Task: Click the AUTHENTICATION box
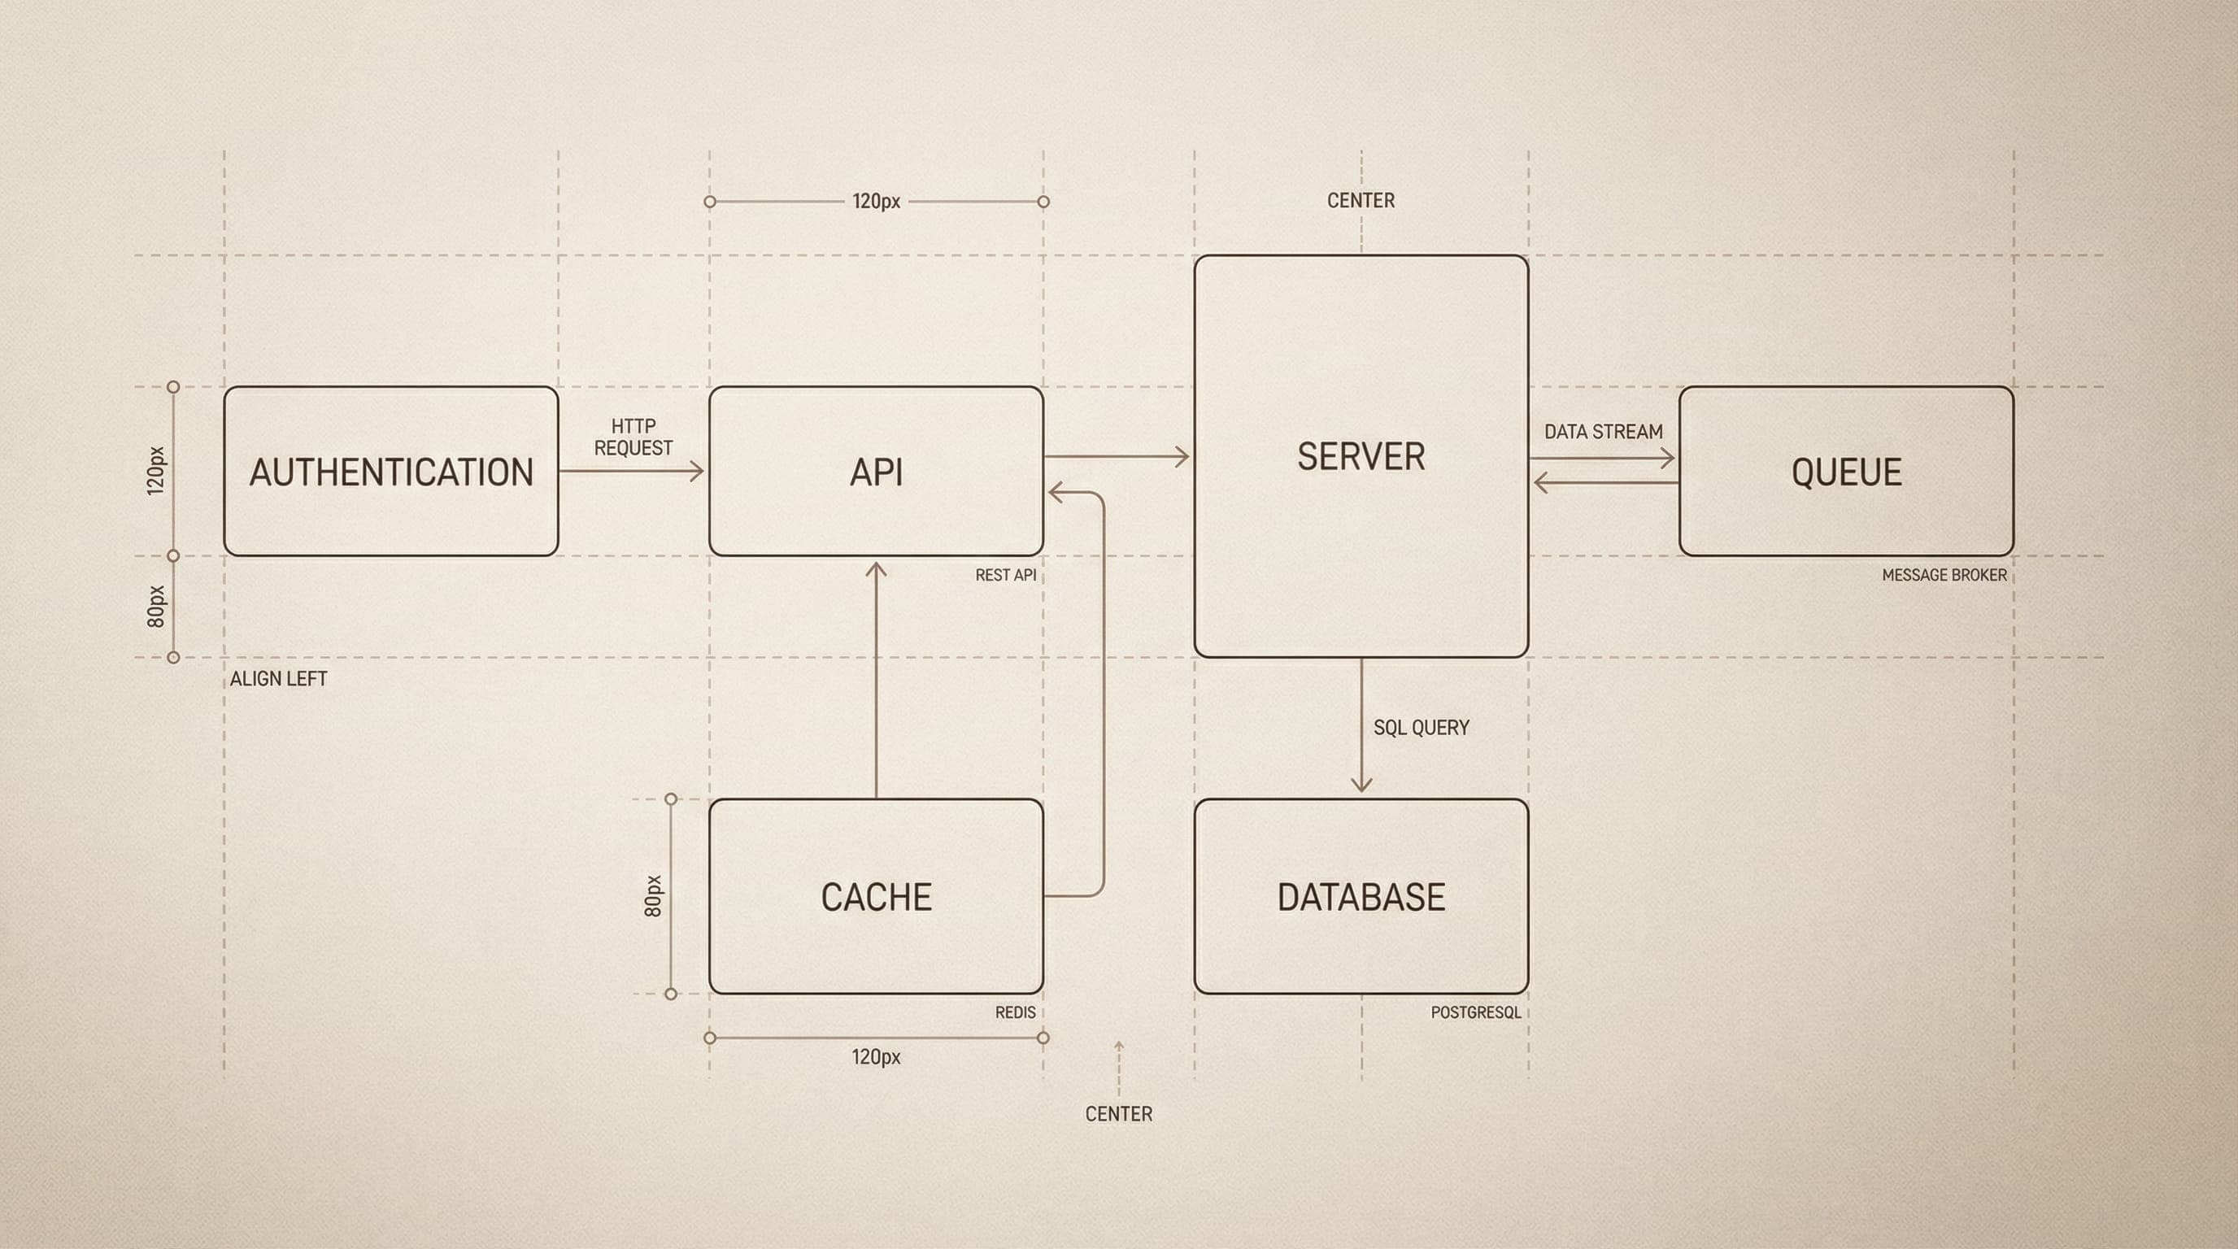tap(391, 472)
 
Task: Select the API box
tap(876, 472)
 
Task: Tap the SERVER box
tap(1361, 457)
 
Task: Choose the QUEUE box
tap(1846, 472)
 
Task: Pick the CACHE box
tap(876, 896)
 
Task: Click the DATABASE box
tap(1361, 896)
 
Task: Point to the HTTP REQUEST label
tap(634, 437)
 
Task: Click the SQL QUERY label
tap(1422, 728)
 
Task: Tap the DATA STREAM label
tap(1603, 432)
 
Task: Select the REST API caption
tap(1005, 575)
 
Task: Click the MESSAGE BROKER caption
tap(1944, 575)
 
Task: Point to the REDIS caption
tap(1015, 1012)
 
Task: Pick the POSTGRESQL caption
tap(1475, 1012)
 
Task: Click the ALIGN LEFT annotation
tap(278, 679)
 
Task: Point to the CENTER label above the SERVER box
tap(1361, 201)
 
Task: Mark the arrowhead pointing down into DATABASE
tap(1361, 786)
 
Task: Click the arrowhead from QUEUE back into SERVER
tap(1540, 482)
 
